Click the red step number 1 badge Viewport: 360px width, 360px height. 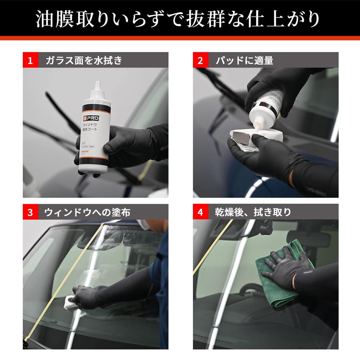point(30,60)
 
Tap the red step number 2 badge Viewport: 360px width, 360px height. point(200,60)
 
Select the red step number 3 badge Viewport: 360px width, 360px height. point(30,212)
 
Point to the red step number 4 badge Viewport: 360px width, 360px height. point(200,212)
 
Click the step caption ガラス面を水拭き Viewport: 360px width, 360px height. point(84,60)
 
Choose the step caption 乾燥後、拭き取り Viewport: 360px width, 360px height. point(253,212)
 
